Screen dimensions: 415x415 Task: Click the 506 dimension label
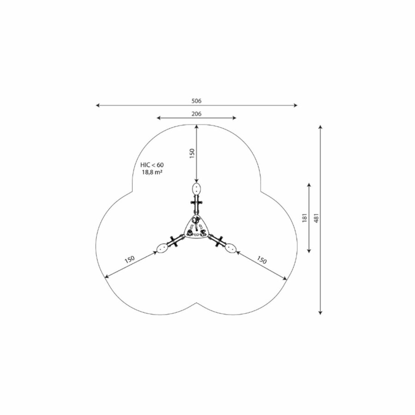[x=196, y=101]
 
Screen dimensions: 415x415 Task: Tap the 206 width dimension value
[x=196, y=114]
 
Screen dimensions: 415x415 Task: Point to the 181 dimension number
[x=305, y=218]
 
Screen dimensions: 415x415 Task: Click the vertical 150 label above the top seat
[x=192, y=154]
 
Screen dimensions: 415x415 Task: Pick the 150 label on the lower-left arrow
[x=130, y=259]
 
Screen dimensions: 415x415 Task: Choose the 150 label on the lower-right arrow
[x=261, y=260]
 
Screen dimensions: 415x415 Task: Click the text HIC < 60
[x=152, y=165]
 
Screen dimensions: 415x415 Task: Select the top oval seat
[x=196, y=189]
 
